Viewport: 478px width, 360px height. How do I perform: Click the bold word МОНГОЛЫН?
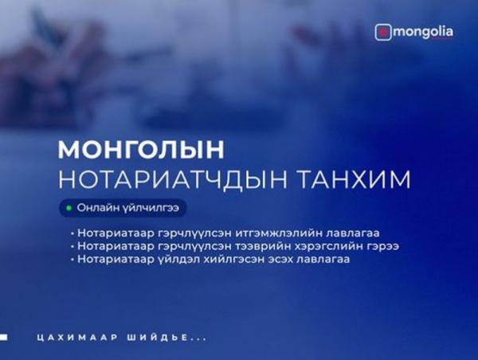click(x=141, y=150)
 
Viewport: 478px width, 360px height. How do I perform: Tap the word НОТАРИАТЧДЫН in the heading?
click(x=173, y=179)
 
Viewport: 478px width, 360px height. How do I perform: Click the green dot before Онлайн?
click(x=69, y=208)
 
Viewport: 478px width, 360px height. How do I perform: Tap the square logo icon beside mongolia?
click(x=383, y=33)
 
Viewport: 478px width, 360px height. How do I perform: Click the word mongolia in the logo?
click(x=423, y=33)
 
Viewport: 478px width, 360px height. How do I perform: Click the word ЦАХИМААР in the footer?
click(x=77, y=338)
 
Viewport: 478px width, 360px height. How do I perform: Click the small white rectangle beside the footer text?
click(x=4, y=337)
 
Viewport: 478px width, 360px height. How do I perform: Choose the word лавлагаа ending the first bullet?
click(x=353, y=233)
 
